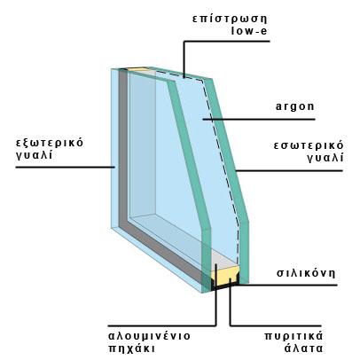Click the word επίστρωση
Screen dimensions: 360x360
coord(230,19)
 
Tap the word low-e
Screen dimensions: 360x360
coord(249,31)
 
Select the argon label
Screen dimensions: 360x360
coord(294,107)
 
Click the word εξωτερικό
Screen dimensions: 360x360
coord(50,143)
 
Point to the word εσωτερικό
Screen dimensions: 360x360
coord(309,146)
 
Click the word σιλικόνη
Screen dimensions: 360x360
coord(306,273)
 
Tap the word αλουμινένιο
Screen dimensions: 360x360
coord(150,336)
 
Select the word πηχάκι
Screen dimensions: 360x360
coord(132,348)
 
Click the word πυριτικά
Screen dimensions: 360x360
coord(293,336)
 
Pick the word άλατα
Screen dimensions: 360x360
coord(303,348)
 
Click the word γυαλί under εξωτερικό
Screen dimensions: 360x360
coord(35,155)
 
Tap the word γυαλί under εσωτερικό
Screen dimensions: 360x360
coord(325,158)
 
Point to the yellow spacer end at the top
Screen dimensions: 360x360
coord(137,69)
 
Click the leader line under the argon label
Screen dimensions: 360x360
coord(259,120)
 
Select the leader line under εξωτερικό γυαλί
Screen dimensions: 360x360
coord(66,168)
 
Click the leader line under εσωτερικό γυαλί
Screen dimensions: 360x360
coord(289,170)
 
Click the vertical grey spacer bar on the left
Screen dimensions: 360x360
coord(123,148)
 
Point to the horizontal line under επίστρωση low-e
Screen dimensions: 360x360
coord(227,42)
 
